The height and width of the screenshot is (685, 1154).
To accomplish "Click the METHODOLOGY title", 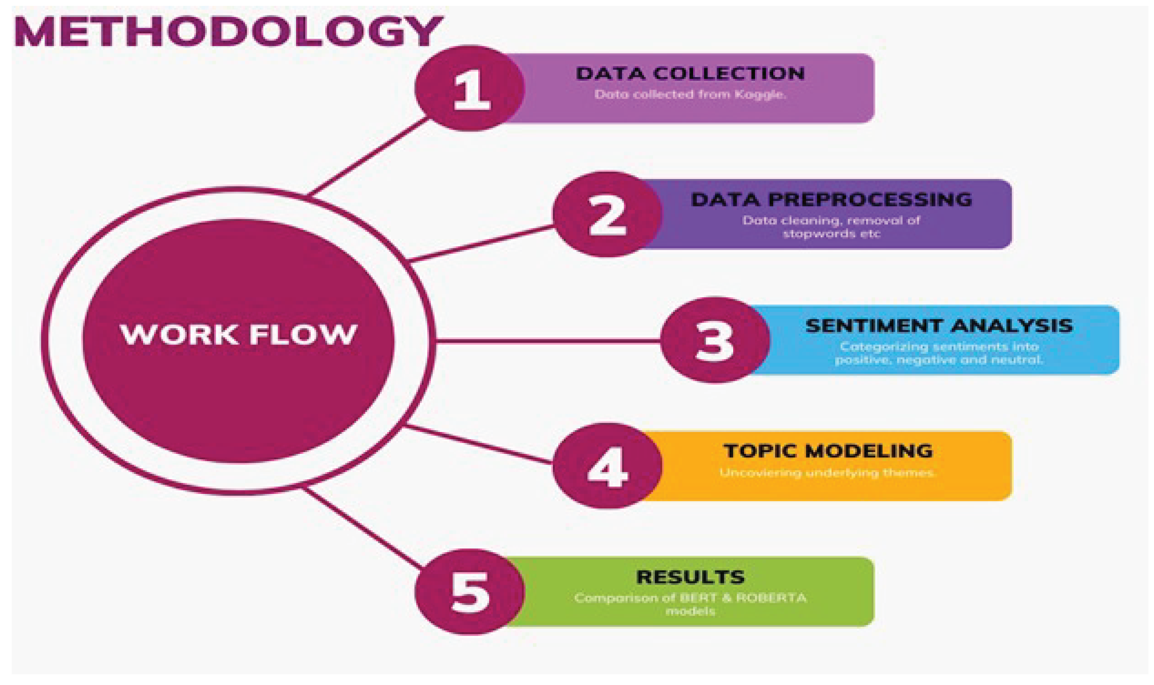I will pyautogui.click(x=228, y=31).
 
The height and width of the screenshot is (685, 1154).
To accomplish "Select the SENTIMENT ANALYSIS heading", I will pyautogui.click(x=939, y=326).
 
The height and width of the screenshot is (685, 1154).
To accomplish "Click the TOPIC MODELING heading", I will pyautogui.click(x=828, y=451).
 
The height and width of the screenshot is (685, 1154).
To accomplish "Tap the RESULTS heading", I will pyautogui.click(x=690, y=577).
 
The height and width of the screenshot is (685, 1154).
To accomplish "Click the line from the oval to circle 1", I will pyautogui.click(x=369, y=156).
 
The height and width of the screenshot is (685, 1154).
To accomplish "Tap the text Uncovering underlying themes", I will pyautogui.click(x=827, y=473).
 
